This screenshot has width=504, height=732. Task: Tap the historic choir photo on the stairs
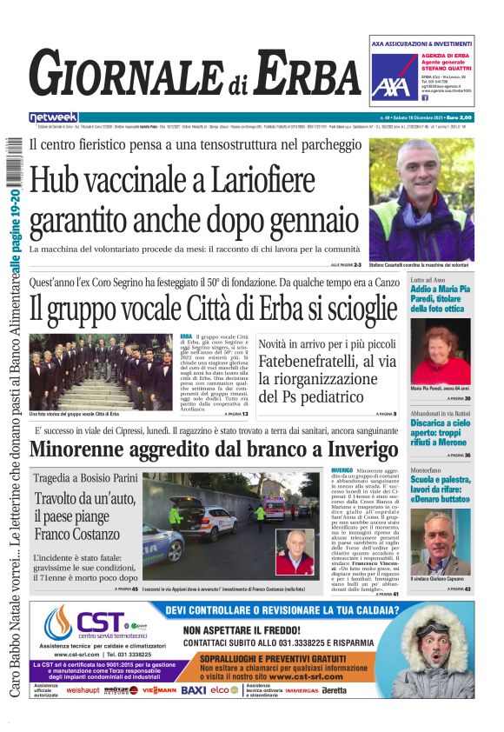coord(101,371)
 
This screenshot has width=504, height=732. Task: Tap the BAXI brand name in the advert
coord(193,689)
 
